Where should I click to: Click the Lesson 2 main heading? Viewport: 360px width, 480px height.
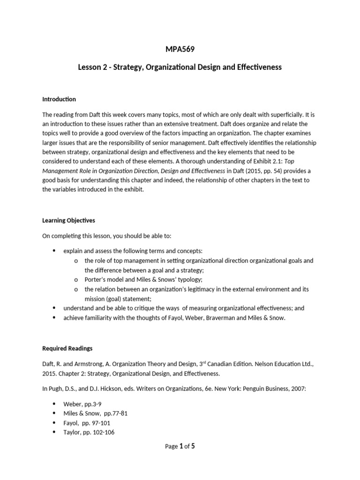[x=180, y=67]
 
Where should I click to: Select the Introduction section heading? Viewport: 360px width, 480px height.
[x=59, y=99]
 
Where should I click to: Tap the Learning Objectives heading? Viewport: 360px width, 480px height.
[x=68, y=220]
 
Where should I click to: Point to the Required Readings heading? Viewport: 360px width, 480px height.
[x=67, y=348]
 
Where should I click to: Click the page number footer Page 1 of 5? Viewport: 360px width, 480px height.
[x=180, y=446]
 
